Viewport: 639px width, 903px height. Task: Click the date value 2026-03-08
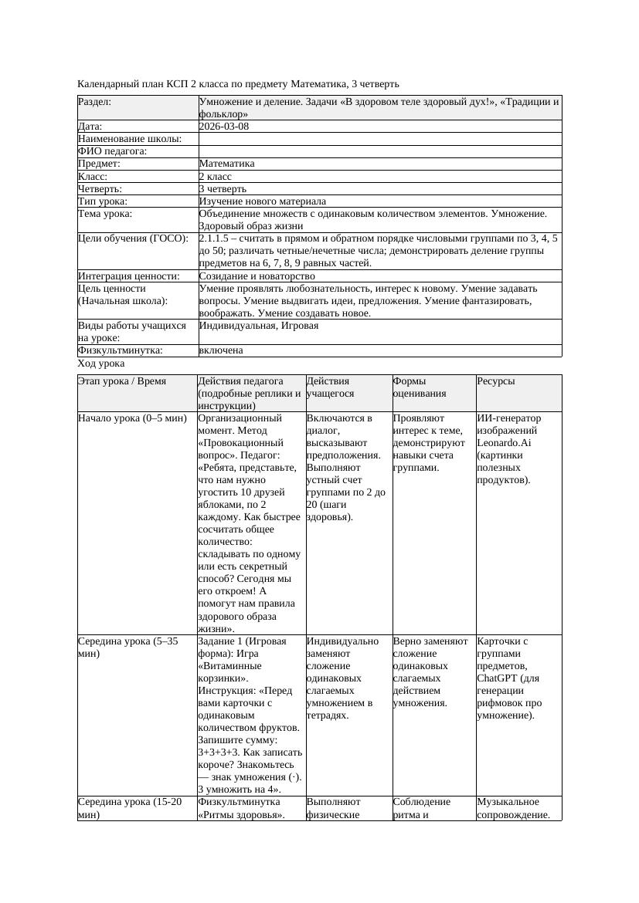point(224,127)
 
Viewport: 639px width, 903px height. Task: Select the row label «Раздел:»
point(94,102)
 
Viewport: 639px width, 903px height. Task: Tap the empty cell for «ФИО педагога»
point(379,151)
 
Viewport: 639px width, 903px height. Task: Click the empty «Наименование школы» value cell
point(379,139)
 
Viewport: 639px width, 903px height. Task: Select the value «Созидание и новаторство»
point(257,276)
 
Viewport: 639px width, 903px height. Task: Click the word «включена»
point(221,350)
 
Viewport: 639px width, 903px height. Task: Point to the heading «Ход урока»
point(101,363)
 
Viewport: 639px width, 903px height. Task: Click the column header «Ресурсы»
point(496,381)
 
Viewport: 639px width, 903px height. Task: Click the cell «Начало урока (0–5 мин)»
point(132,418)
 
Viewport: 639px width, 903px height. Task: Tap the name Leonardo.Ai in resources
point(505,443)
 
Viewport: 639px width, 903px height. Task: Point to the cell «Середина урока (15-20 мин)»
point(130,807)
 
